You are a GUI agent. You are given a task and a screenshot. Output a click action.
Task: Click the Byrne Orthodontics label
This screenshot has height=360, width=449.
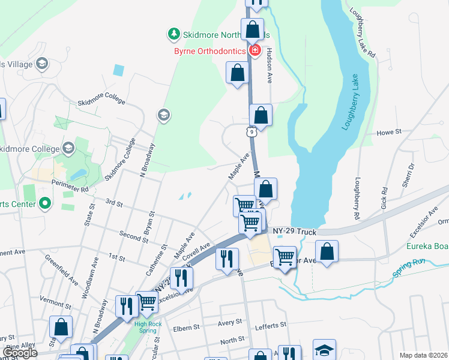point(209,50)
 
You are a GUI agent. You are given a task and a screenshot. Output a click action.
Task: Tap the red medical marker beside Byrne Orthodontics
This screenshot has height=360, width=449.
point(255,50)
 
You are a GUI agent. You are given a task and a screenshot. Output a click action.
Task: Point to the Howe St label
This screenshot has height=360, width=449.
point(388,132)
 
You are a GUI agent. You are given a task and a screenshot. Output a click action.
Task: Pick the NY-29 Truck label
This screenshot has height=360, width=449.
point(294,230)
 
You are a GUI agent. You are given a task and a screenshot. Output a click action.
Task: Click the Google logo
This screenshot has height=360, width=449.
point(20,353)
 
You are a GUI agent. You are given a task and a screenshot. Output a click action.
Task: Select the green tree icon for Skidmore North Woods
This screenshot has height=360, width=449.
point(174,32)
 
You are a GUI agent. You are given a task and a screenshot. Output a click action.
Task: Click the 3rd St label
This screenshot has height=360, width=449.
point(113,204)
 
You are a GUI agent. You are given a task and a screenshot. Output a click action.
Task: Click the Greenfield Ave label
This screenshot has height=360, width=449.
point(62,269)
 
